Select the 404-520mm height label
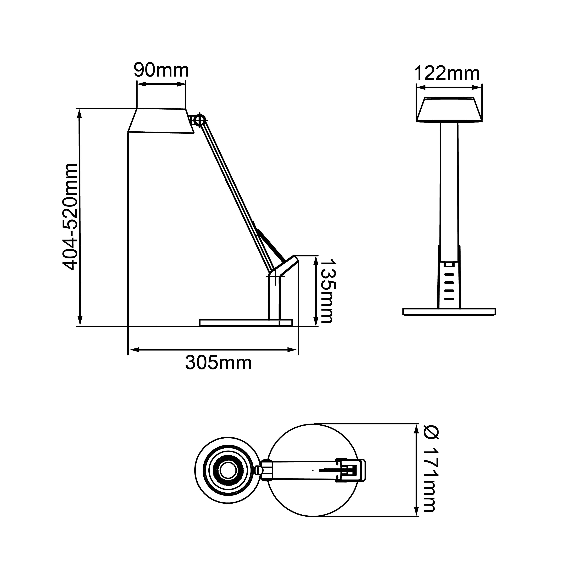pos(71,217)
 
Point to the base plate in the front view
pos(449,312)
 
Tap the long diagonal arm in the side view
pos(232,191)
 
